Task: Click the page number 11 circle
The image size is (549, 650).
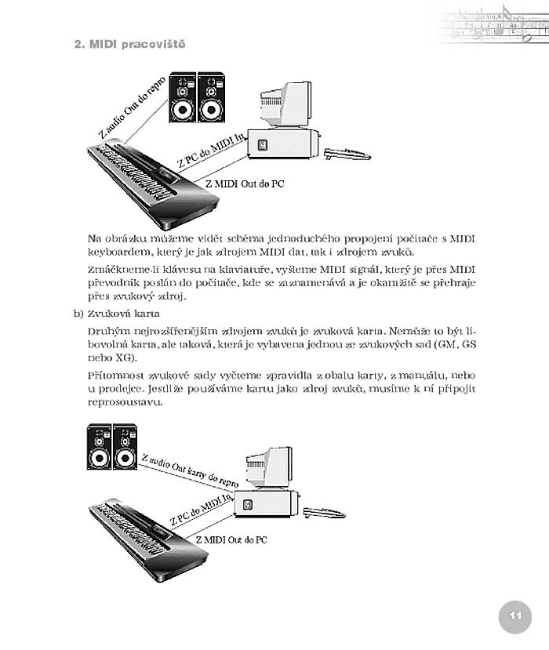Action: (514, 616)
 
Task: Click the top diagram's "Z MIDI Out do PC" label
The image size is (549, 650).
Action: (244, 184)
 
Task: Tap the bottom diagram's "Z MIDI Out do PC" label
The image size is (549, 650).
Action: (232, 540)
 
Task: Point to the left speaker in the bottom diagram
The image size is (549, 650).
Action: (99, 447)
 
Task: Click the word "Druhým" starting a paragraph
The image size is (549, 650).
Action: (106, 332)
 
